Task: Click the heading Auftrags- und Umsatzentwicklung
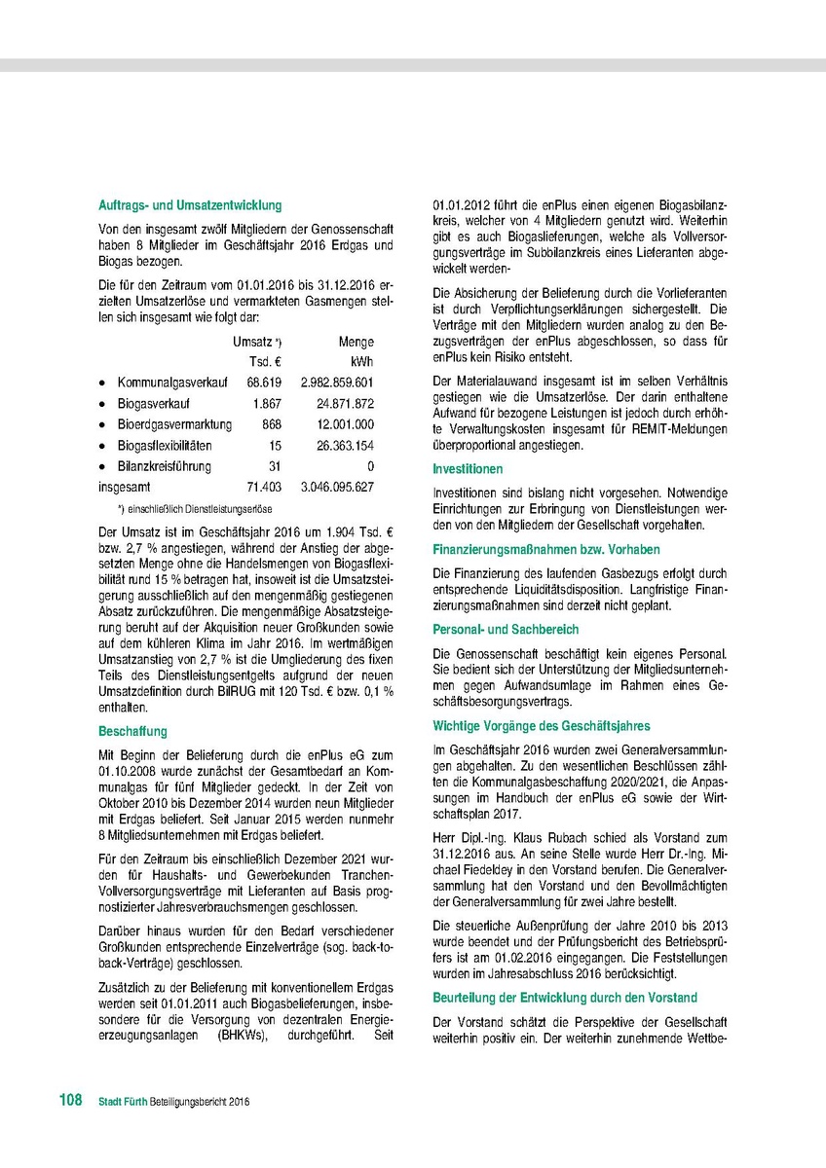click(190, 205)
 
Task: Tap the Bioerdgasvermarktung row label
click(174, 424)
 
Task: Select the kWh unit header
click(362, 362)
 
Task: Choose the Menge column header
click(356, 342)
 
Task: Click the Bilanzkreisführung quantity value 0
click(370, 466)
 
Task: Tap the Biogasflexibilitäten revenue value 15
click(275, 445)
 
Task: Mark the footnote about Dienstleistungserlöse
click(194, 509)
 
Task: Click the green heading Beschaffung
click(132, 731)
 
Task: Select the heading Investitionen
click(468, 469)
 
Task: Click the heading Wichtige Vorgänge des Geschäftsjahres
click(541, 726)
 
